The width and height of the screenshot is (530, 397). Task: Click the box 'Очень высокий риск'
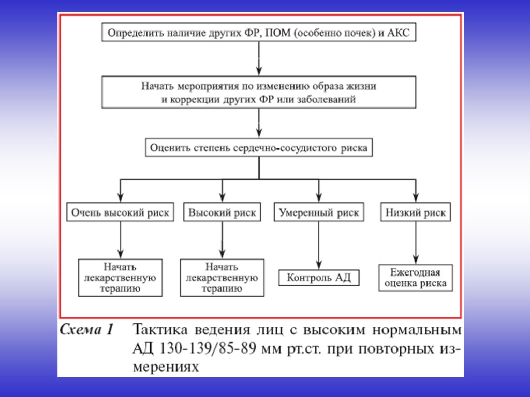[120, 212]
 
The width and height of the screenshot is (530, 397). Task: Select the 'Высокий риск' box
[222, 212]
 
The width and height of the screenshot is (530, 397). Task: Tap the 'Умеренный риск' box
[318, 212]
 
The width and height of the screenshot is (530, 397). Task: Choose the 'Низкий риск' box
[416, 212]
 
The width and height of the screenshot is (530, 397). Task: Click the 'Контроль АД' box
[318, 278]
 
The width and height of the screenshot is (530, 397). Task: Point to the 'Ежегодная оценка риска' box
[416, 278]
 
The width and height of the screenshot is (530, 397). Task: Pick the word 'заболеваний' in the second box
[329, 99]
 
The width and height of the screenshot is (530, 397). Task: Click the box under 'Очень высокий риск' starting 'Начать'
[120, 278]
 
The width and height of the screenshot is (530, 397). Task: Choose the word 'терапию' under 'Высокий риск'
[222, 288]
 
